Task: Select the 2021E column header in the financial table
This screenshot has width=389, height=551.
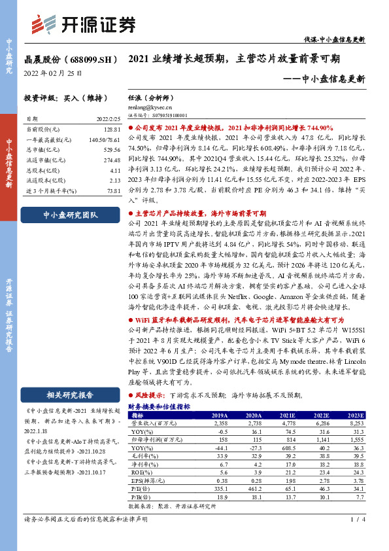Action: point(286,416)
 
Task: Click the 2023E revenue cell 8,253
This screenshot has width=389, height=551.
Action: point(356,423)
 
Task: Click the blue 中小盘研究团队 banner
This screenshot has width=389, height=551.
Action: point(70,215)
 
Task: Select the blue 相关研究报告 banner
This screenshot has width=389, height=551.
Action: point(70,395)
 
